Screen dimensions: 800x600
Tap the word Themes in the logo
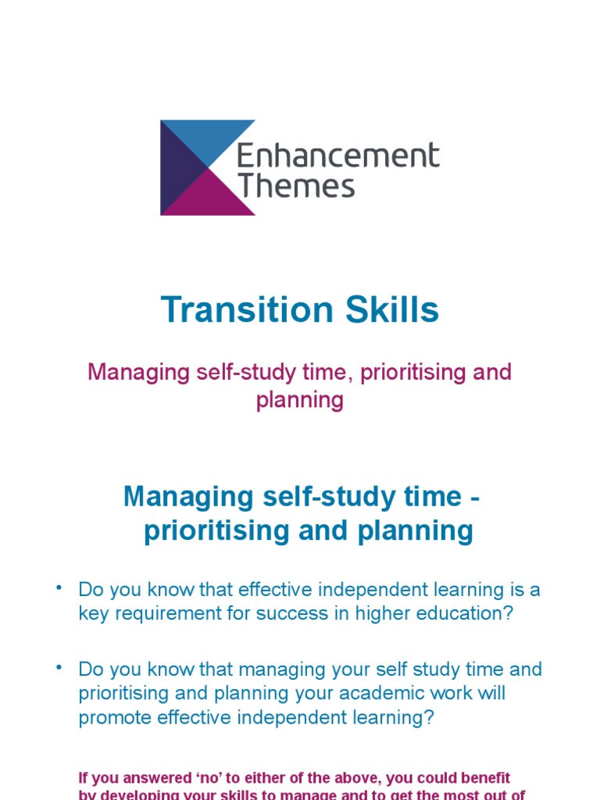pyautogui.click(x=296, y=187)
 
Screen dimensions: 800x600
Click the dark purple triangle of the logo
pyautogui.click(x=176, y=168)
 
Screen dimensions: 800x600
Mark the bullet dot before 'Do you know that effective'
pyautogui.click(x=58, y=587)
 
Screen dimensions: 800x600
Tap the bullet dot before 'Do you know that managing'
pyautogui.click(x=58, y=667)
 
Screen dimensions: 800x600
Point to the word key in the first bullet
pyautogui.click(x=92, y=613)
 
